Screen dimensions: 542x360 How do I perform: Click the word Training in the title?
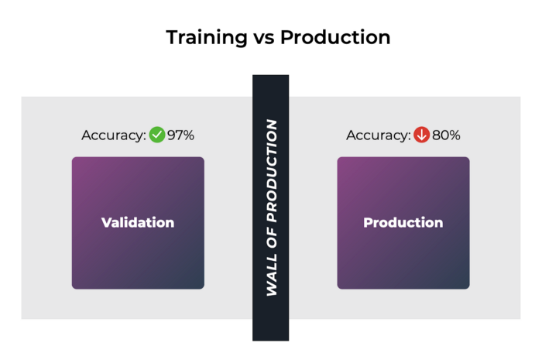[x=207, y=38]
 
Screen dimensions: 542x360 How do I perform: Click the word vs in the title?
[x=264, y=38]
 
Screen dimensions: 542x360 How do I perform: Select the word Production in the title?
[x=335, y=37]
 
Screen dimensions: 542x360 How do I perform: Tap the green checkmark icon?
[x=157, y=135]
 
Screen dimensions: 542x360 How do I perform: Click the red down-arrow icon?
[x=422, y=135]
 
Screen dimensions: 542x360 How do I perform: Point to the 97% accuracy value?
[x=180, y=135]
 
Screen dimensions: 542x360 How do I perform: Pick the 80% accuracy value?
[x=446, y=135]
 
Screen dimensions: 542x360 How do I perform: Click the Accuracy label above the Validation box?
[x=114, y=135]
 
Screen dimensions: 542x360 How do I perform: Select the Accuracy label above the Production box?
[x=379, y=135]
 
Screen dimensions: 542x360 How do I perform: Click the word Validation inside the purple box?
[x=138, y=222]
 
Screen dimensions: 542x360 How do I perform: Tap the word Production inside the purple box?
[x=403, y=222]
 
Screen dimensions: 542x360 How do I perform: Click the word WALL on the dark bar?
[x=272, y=275]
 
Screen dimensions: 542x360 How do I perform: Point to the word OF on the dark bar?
[x=272, y=238]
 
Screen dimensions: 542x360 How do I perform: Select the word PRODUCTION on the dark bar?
[x=272, y=170]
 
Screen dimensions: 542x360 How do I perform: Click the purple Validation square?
[x=138, y=223]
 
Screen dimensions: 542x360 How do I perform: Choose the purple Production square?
[x=403, y=223]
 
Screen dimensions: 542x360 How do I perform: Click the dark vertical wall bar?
[x=271, y=208]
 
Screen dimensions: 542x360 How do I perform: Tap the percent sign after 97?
[x=188, y=135]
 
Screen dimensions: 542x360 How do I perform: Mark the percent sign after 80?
[x=455, y=135]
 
